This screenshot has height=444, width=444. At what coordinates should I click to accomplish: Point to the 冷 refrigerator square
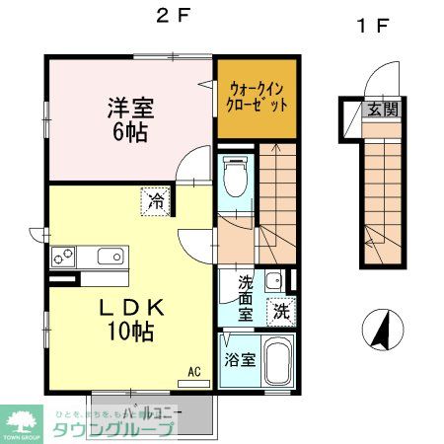pyautogui.click(x=156, y=200)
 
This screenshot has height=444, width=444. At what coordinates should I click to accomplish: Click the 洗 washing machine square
pyautogui.click(x=281, y=311)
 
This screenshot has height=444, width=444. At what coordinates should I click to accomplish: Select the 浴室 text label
pyautogui.click(x=239, y=359)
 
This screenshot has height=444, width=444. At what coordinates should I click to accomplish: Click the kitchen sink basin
pyautogui.click(x=109, y=258)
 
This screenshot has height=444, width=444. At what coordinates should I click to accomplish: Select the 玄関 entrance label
pyautogui.click(x=384, y=110)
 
